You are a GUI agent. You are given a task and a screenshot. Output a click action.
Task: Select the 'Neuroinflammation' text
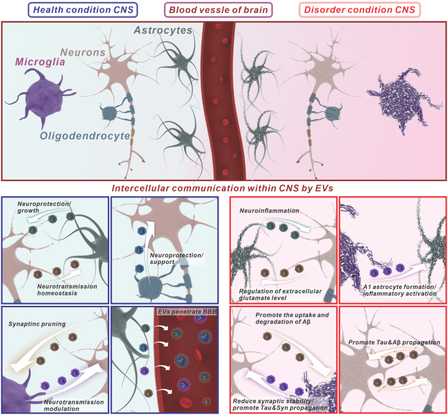pyautogui.click(x=270, y=211)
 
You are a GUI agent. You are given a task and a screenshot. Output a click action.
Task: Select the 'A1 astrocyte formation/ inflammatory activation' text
pyautogui.click(x=396, y=290)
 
